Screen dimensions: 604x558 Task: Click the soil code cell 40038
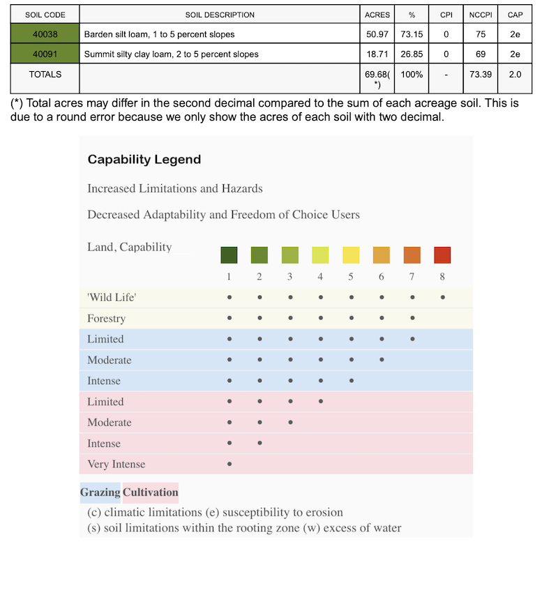click(x=45, y=33)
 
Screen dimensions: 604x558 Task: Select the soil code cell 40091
click(x=45, y=54)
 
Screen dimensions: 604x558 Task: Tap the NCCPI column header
click(x=480, y=15)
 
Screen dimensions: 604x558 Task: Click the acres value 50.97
click(x=377, y=33)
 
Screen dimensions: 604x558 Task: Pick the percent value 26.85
click(x=412, y=54)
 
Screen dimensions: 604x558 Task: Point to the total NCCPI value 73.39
click(x=480, y=74)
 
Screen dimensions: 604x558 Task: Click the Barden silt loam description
click(x=159, y=34)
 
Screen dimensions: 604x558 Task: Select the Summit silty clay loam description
click(x=171, y=54)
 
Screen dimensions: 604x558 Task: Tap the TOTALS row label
click(x=45, y=74)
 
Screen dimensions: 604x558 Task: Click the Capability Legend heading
click(x=144, y=160)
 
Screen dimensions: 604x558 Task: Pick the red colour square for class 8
click(x=442, y=255)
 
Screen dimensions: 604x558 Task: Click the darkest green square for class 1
click(x=229, y=255)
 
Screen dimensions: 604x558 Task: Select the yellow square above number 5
click(x=351, y=255)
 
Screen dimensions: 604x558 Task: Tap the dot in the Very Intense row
click(x=229, y=464)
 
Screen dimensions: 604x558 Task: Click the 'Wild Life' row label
click(x=111, y=298)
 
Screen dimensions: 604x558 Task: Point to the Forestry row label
click(x=106, y=319)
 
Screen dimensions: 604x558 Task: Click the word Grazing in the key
click(x=100, y=492)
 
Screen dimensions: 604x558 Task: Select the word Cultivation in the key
click(x=150, y=492)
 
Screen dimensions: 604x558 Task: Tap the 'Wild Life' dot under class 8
click(x=442, y=297)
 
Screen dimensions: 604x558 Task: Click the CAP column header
click(x=515, y=15)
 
